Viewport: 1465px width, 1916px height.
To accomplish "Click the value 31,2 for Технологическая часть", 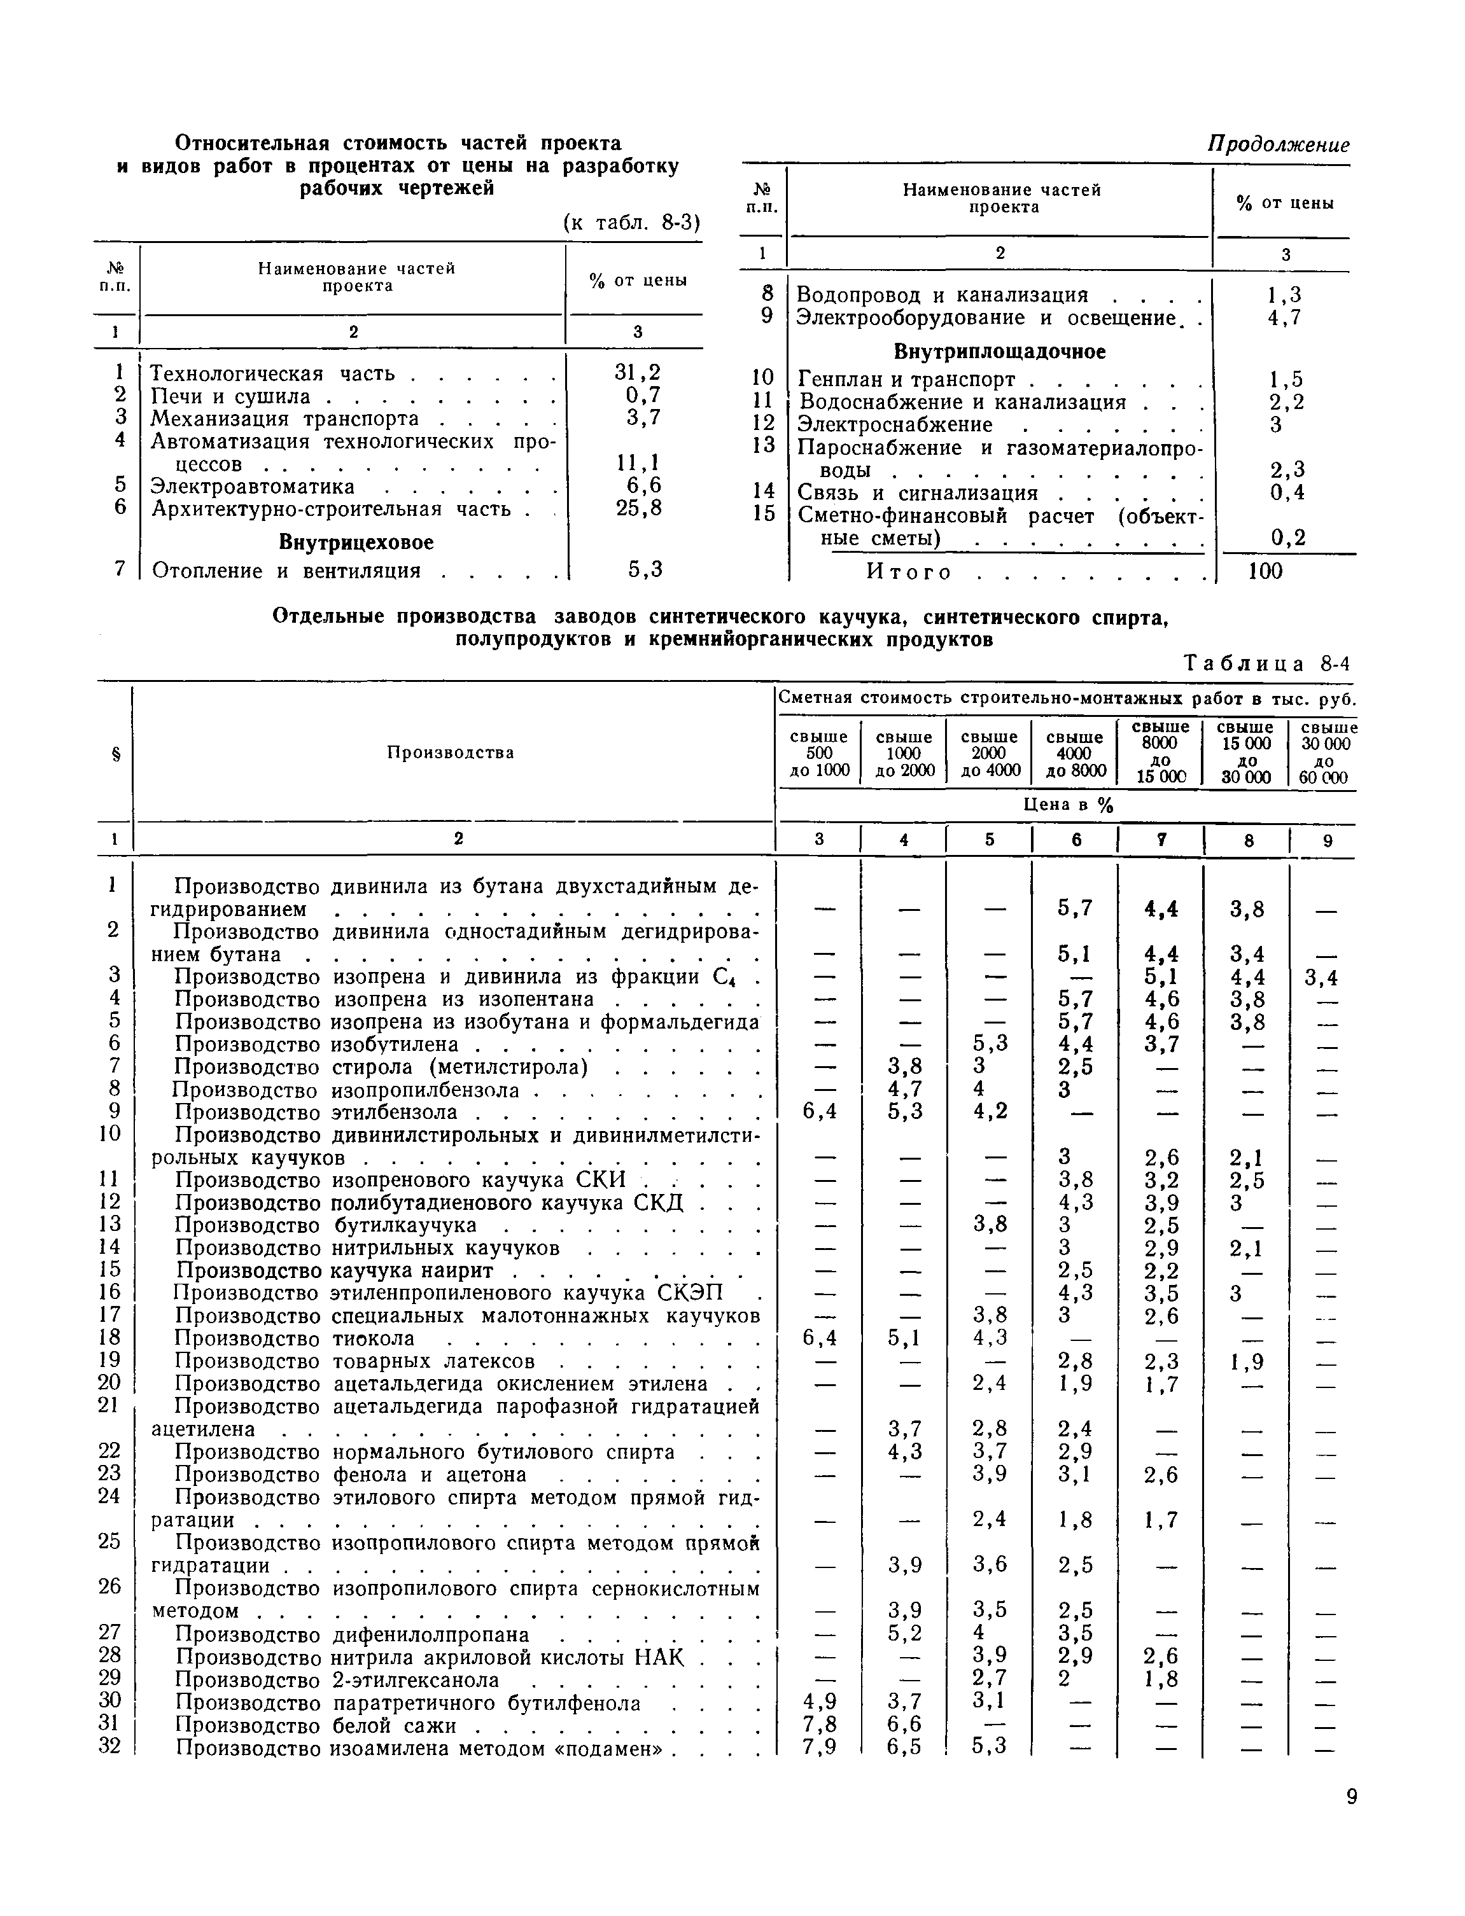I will point(638,373).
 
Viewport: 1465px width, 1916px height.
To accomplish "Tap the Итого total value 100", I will point(1265,572).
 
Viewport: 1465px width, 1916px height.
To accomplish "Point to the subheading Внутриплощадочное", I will point(999,351).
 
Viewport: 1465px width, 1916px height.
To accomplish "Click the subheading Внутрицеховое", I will point(356,542).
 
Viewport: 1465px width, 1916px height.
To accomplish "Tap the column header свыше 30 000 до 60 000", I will point(1328,753).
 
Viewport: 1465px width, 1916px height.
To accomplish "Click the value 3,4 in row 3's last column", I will point(1321,978).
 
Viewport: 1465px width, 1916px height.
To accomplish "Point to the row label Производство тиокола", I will point(295,1338).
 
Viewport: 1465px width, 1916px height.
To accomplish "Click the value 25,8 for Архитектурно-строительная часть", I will point(638,508).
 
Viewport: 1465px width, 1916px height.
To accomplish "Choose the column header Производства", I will point(450,753).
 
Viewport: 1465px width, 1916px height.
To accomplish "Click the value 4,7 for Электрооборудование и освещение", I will point(1284,318).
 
